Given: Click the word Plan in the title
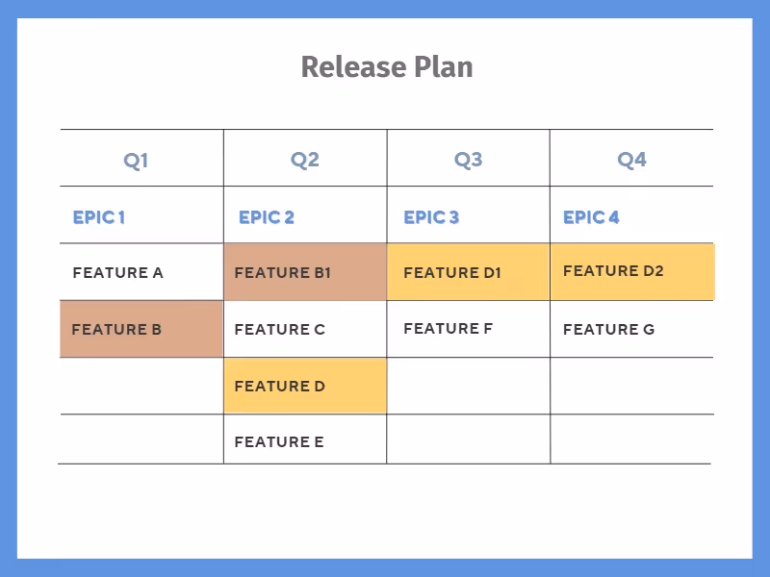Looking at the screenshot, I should click(444, 67).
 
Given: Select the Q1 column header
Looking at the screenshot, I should click(136, 160).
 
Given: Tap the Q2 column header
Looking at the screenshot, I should click(304, 160).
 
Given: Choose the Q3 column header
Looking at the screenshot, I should click(468, 160).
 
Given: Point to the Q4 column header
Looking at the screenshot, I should click(631, 160).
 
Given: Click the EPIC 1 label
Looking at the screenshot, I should click(99, 217).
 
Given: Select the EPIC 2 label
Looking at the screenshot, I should click(267, 217).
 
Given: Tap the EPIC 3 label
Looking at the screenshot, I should click(431, 217).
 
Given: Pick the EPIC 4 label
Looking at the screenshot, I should click(591, 217).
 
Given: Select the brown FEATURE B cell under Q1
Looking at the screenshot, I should click(141, 329).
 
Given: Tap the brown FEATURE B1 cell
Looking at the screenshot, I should click(305, 272).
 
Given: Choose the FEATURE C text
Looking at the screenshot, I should click(280, 329).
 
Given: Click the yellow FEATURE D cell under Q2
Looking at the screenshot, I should click(305, 386).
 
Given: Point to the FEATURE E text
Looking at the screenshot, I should click(279, 442).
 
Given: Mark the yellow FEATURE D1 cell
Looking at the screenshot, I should click(469, 272).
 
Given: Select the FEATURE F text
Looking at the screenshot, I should click(448, 328).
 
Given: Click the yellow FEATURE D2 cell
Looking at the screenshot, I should click(632, 271).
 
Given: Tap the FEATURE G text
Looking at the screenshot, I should click(608, 329).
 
